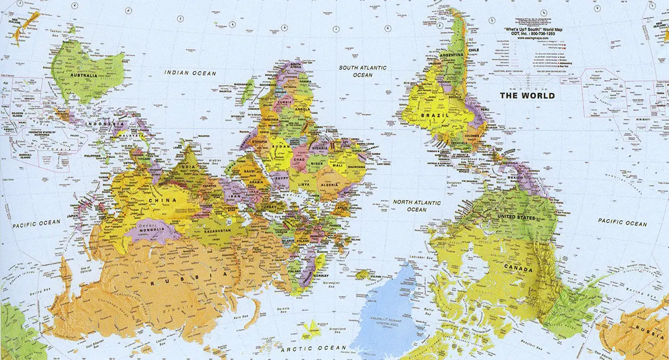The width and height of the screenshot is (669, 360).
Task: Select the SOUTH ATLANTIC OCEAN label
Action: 363,71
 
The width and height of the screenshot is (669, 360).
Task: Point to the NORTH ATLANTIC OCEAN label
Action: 416,206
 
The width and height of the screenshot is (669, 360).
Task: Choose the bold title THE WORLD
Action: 527,95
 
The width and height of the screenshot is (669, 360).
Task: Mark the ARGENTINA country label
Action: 451,56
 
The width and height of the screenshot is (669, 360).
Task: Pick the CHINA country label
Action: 162,200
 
